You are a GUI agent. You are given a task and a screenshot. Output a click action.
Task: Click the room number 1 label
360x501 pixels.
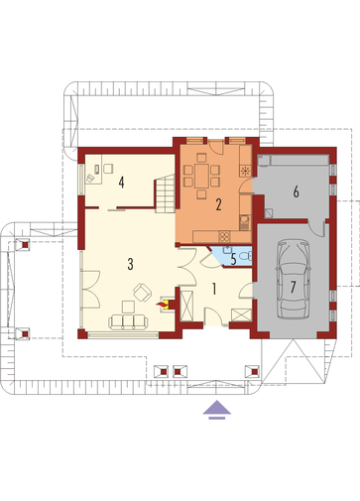[214, 289]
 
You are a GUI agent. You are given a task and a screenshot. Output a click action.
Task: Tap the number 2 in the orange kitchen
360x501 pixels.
[218, 204]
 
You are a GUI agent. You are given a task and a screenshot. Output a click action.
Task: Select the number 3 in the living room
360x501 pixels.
[130, 264]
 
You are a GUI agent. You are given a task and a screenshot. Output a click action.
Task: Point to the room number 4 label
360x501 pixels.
[122, 183]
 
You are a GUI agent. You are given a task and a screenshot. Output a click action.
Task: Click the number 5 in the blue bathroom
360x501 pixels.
[234, 260]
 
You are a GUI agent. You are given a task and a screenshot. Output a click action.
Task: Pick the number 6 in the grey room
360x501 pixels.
[296, 191]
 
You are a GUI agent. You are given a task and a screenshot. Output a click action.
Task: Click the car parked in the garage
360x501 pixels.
[294, 280]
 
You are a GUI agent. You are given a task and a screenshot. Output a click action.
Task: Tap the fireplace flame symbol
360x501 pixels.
[163, 304]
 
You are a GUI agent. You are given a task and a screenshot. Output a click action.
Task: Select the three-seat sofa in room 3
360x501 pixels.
[128, 322]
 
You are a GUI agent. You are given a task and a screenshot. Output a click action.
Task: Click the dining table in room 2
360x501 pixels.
[201, 176]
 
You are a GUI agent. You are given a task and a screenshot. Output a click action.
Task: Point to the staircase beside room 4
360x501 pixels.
[165, 193]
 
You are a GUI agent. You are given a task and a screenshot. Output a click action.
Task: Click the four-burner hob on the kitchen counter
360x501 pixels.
[224, 236]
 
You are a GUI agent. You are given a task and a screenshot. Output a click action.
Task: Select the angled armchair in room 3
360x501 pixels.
[143, 293]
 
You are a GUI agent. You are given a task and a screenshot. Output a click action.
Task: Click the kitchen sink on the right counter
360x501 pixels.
[244, 221]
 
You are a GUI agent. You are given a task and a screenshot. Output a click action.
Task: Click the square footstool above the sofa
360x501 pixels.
[128, 307]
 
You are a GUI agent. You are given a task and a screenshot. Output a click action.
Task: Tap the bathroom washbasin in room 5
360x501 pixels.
[227, 250]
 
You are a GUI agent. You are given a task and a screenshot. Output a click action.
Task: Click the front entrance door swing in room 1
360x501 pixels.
[213, 316]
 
